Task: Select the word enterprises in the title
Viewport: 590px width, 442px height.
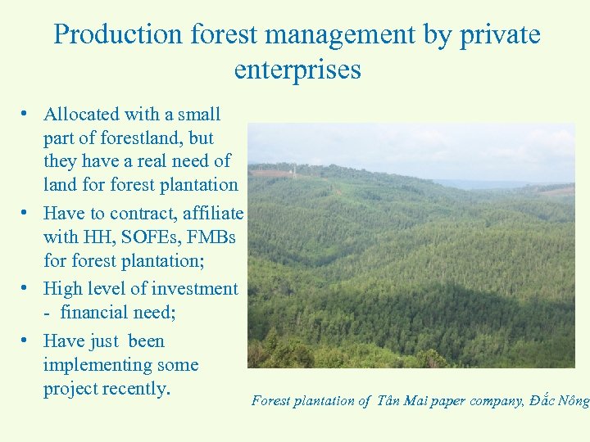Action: pos(297,70)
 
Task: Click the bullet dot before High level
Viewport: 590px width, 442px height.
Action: pos(27,288)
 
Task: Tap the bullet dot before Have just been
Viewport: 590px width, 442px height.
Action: pos(27,341)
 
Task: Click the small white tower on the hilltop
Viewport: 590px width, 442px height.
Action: pos(293,170)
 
